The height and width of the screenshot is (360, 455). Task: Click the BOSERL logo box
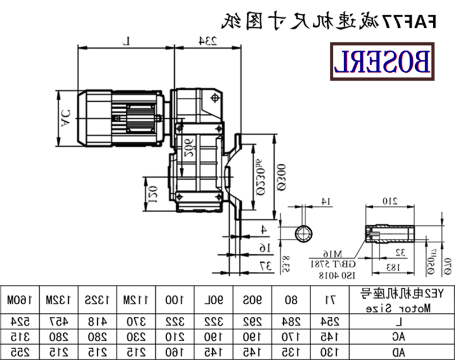tap(382, 63)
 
